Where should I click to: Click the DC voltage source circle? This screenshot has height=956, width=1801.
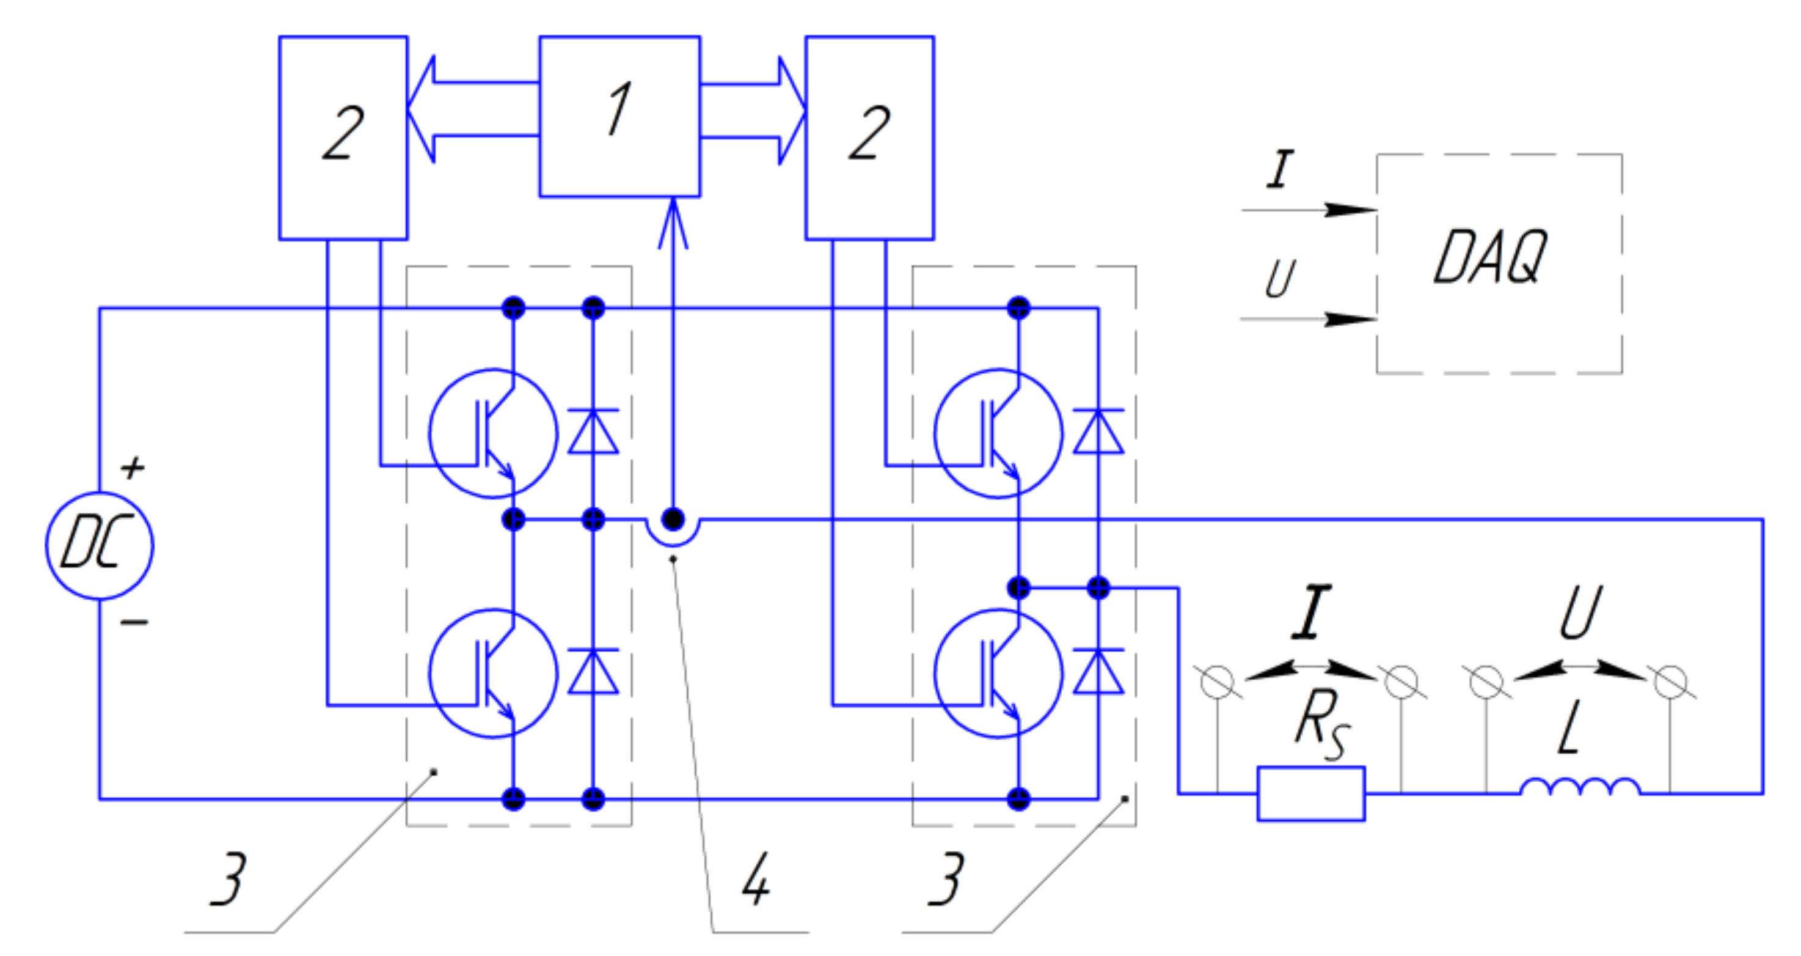coord(100,545)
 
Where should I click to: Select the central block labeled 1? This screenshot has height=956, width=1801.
coord(619,116)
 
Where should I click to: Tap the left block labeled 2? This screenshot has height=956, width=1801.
coord(343,138)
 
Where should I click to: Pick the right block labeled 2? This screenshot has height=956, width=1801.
coord(869,138)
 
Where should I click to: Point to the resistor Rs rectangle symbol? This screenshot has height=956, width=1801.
coord(1311,794)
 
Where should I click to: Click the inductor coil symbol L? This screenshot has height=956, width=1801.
coord(1580,787)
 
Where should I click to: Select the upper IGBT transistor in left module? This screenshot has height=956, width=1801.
coord(493,433)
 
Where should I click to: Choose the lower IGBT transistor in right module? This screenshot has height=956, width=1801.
coord(998,674)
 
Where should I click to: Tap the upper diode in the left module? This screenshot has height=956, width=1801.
coord(593,432)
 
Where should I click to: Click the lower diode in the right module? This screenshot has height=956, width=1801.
coord(1098,671)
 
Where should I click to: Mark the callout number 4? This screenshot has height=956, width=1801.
coord(756,880)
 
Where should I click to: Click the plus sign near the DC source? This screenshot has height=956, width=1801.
coord(133,467)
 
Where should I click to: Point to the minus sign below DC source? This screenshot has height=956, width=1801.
coord(134,622)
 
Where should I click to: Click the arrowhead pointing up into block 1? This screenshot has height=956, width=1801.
coord(673,222)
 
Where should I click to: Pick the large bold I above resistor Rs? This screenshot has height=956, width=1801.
coord(1312,612)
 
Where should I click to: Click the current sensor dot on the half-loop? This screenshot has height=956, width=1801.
coord(673,520)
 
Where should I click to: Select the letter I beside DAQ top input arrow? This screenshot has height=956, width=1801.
coord(1280,169)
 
